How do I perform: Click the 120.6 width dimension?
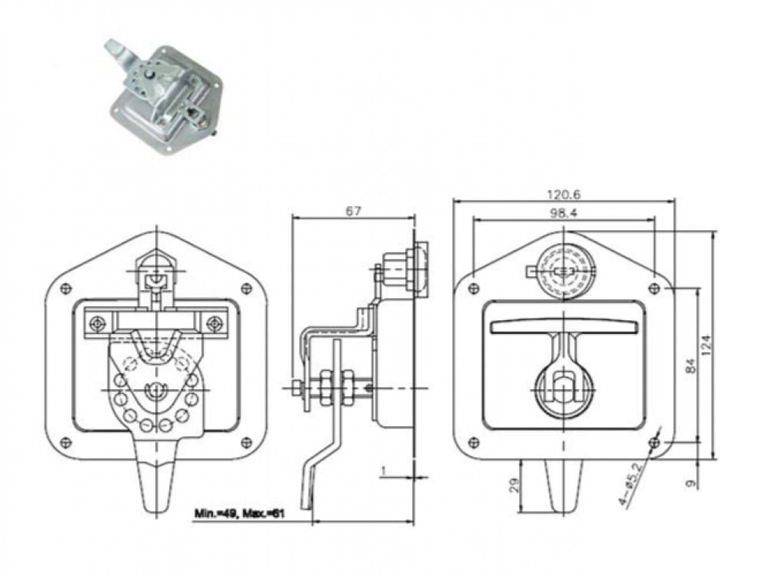pyautogui.click(x=564, y=195)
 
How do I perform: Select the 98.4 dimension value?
pyautogui.click(x=564, y=213)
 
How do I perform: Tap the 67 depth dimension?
pyautogui.click(x=353, y=211)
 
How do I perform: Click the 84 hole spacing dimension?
pyautogui.click(x=691, y=366)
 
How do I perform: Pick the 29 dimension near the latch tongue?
pyautogui.click(x=514, y=485)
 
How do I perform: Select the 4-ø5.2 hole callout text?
pyautogui.click(x=631, y=485)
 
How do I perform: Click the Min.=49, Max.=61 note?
pyautogui.click(x=239, y=513)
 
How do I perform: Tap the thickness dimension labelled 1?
pyautogui.click(x=384, y=471)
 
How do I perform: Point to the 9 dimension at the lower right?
pyautogui.click(x=691, y=483)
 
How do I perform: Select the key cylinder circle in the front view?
pyautogui.click(x=564, y=272)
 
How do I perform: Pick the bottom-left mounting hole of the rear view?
pyautogui.click(x=65, y=442)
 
